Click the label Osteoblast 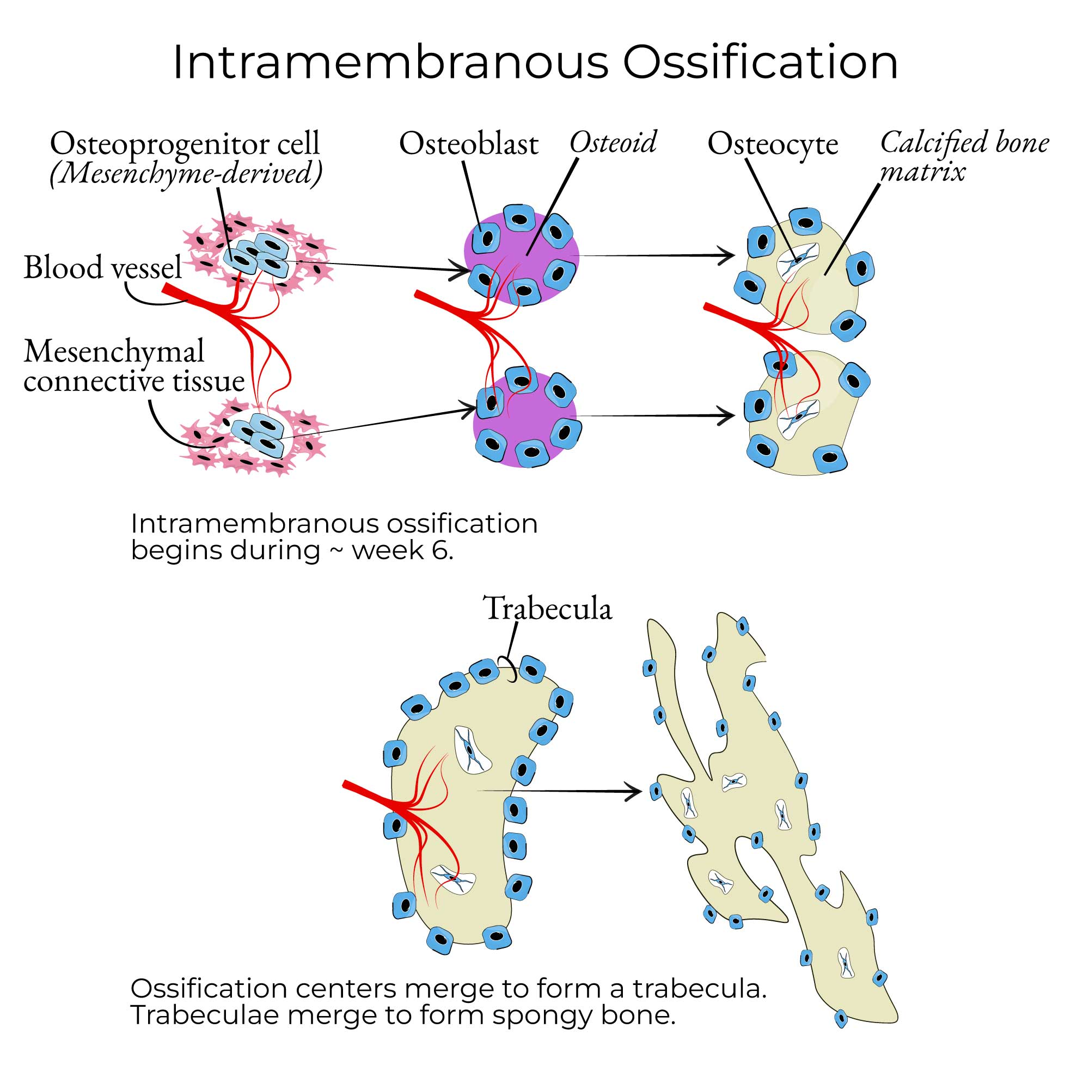tap(468, 144)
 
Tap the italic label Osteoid tap(613, 143)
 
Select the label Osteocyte tap(772, 144)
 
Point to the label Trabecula tap(548, 608)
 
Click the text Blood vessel tap(102, 267)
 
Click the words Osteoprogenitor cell tap(185, 144)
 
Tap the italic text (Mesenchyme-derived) tap(186, 173)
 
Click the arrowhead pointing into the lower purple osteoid tap(471, 410)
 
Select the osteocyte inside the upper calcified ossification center tap(798, 259)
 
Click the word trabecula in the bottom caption tap(699, 988)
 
